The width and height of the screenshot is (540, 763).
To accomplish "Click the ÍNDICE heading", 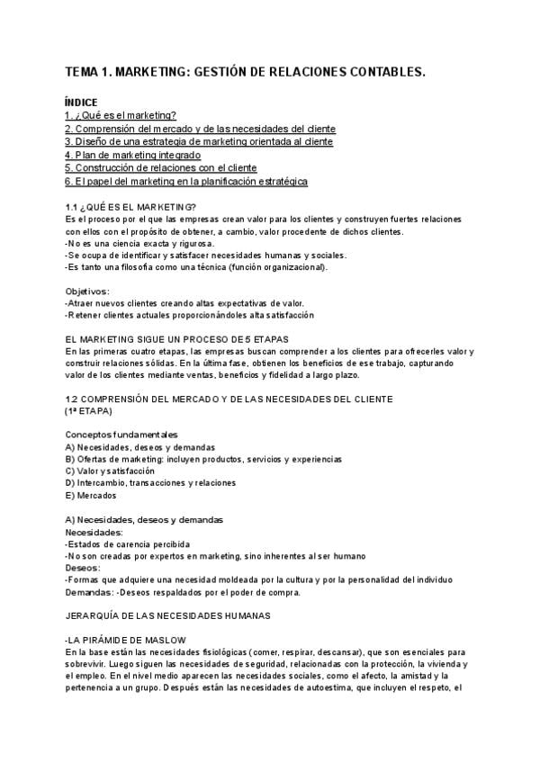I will tap(81, 103).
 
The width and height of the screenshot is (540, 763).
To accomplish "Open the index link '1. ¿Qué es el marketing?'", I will tap(121, 116).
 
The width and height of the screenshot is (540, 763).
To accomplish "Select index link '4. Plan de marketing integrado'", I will tap(132, 155).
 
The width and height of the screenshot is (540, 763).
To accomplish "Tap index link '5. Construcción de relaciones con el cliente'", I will tap(161, 168).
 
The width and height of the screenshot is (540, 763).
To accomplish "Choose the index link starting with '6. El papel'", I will tap(186, 181).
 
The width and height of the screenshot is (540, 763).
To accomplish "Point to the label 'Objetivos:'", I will tap(87, 292).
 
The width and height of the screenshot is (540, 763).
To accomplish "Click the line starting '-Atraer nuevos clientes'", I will tap(184, 303).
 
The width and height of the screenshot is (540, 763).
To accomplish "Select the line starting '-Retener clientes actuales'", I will tap(189, 316).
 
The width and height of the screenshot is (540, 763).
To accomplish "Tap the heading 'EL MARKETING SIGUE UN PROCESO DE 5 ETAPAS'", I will tap(178, 339).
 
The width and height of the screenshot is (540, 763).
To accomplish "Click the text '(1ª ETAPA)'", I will tap(88, 410).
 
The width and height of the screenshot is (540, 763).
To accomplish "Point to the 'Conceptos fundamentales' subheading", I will tap(121, 435).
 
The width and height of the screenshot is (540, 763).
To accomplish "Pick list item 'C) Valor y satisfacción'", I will tap(110, 471).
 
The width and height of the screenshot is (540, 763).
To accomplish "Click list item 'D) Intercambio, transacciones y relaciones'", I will tap(151, 483).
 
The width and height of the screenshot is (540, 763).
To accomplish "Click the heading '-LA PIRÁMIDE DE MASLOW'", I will tap(125, 640).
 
